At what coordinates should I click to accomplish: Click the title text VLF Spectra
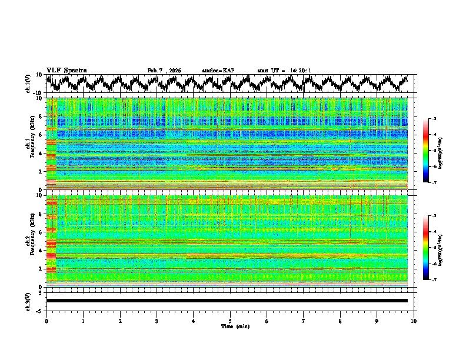tap(66, 71)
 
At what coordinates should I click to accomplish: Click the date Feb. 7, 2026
tap(164, 71)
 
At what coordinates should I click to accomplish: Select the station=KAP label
tap(218, 71)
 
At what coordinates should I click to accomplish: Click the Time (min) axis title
tap(230, 326)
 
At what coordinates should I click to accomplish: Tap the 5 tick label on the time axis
tap(230, 321)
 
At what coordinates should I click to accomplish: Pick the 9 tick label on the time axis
tap(377, 321)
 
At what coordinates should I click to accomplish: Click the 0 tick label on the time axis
tap(46, 321)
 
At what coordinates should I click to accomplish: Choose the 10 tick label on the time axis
tap(414, 321)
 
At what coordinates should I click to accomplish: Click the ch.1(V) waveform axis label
tap(28, 84)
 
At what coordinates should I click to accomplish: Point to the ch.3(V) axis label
tap(28, 301)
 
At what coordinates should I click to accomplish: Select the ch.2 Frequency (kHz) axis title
tap(31, 241)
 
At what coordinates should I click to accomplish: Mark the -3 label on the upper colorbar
tap(434, 119)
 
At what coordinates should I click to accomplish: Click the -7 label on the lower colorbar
tap(434, 280)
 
